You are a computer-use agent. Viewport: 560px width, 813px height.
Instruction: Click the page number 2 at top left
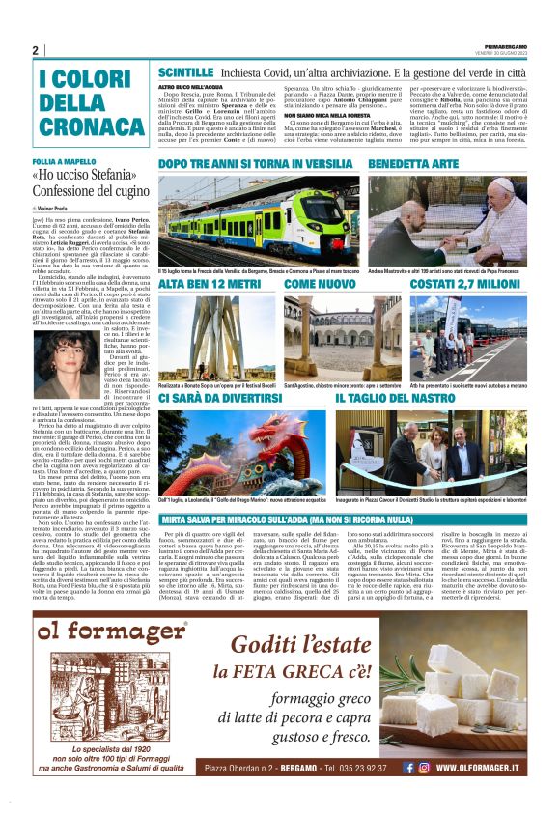click(36, 50)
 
